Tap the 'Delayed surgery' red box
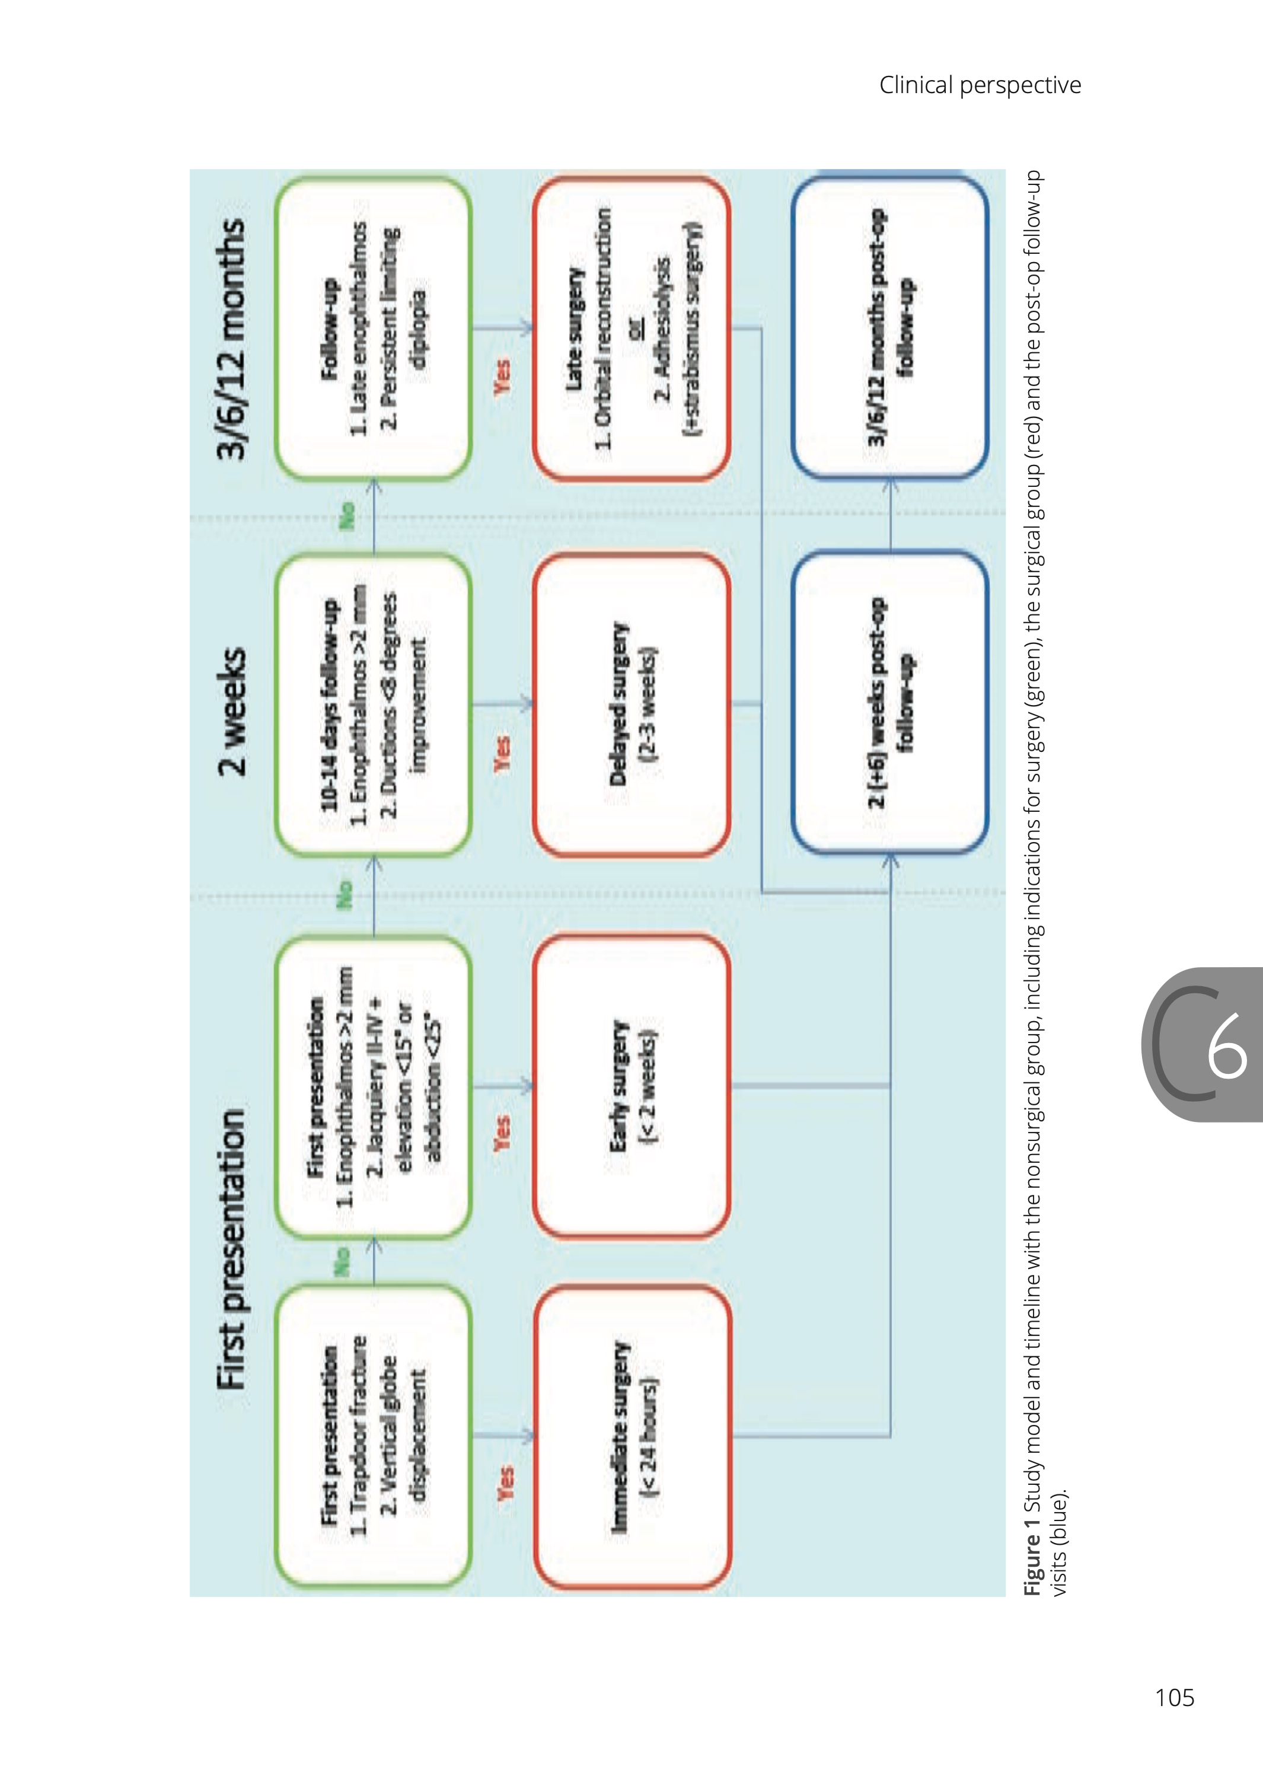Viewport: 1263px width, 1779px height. (x=631, y=704)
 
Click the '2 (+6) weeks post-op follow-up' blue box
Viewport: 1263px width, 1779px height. (x=889, y=703)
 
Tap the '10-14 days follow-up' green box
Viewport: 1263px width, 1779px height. (x=374, y=704)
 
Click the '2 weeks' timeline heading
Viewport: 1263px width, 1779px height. (x=232, y=710)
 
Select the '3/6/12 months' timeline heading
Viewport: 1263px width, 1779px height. (x=232, y=339)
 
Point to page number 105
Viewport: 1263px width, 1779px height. (x=1174, y=1697)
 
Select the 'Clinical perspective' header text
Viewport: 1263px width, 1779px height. (x=980, y=85)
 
